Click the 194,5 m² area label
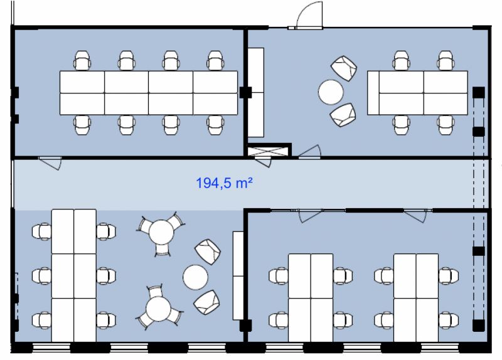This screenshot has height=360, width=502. click(224, 183)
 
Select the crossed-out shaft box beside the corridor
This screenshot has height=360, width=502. click(267, 152)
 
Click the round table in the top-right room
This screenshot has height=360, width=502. click(331, 92)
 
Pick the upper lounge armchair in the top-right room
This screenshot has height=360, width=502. click(344, 68)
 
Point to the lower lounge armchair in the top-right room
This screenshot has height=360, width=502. click(343, 115)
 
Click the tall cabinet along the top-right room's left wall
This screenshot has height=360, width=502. click(256, 92)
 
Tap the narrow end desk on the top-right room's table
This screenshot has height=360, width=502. click(373, 93)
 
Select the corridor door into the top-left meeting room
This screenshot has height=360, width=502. click(51, 163)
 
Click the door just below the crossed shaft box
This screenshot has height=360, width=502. click(263, 162)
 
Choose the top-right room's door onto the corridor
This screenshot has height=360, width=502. click(310, 152)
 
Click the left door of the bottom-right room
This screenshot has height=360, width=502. click(310, 216)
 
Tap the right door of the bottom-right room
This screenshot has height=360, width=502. click(415, 216)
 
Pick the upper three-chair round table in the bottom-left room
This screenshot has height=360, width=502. click(161, 233)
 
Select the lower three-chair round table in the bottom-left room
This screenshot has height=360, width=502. click(159, 308)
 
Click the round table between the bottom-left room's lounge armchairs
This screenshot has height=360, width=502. click(195, 277)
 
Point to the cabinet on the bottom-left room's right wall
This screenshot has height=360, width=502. click(238, 275)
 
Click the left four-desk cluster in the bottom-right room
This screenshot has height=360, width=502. click(311, 298)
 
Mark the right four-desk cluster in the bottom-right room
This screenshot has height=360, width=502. click(416, 298)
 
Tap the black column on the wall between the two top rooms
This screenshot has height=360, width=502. click(245, 92)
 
